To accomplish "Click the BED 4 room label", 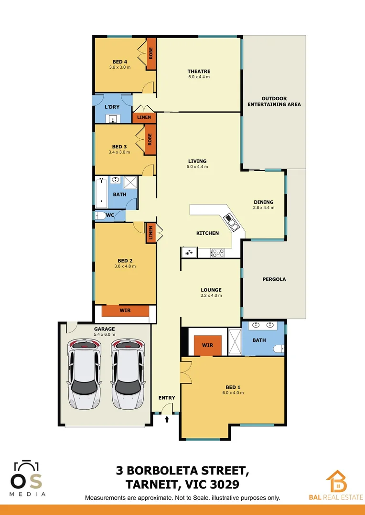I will (119, 62).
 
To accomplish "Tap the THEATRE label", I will (198, 72).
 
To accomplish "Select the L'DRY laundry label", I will (112, 107).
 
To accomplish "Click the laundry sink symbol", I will (114, 119).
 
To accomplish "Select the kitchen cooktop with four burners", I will (218, 253).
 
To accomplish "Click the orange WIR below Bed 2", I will (125, 310).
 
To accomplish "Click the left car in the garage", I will (84, 373).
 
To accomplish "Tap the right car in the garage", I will (128, 373).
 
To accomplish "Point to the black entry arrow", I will (167, 420).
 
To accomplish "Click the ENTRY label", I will (167, 398).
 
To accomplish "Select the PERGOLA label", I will (274, 279).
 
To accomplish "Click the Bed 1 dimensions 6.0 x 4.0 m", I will (233, 393).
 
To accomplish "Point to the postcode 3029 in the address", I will (224, 484).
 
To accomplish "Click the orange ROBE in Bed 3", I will (150, 139).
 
